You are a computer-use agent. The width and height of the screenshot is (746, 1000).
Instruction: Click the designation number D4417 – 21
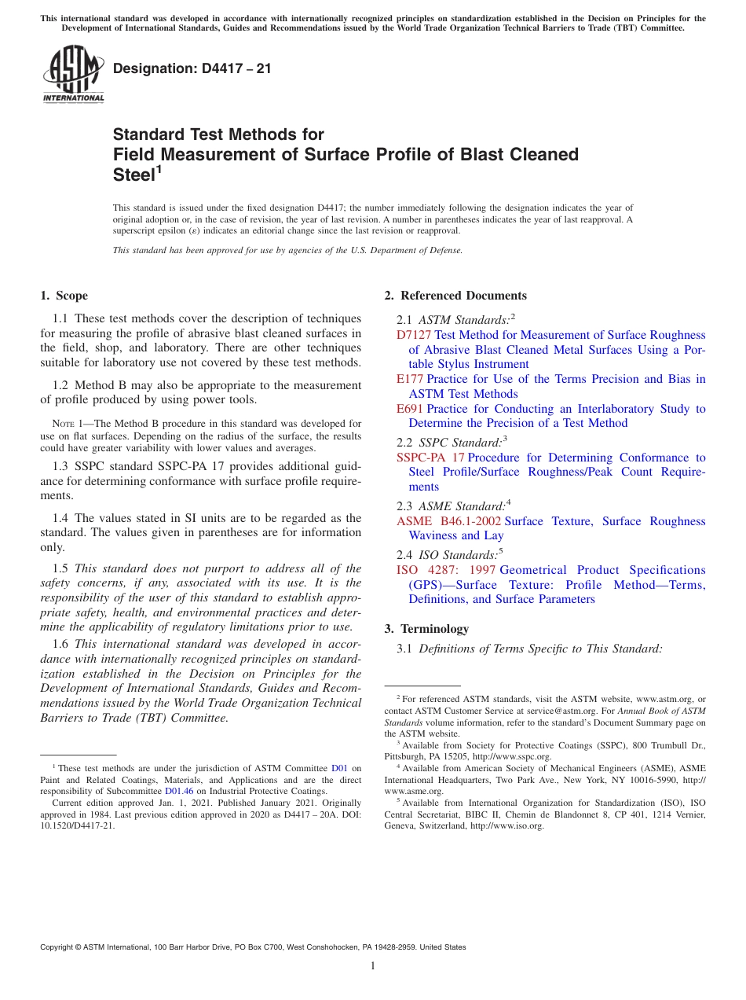192,68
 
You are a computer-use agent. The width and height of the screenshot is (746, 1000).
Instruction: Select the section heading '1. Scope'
64,296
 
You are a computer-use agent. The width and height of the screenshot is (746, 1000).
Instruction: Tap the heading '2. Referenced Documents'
455,296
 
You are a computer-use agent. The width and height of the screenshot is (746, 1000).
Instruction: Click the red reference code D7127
414,335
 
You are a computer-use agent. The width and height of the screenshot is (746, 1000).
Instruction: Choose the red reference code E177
410,379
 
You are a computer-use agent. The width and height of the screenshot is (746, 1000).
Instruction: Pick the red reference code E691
410,409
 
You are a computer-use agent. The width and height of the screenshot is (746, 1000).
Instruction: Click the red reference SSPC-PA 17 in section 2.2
430,458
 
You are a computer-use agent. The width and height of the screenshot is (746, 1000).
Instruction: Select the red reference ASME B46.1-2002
448,521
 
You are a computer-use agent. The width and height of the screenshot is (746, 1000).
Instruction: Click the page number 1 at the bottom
373,966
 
